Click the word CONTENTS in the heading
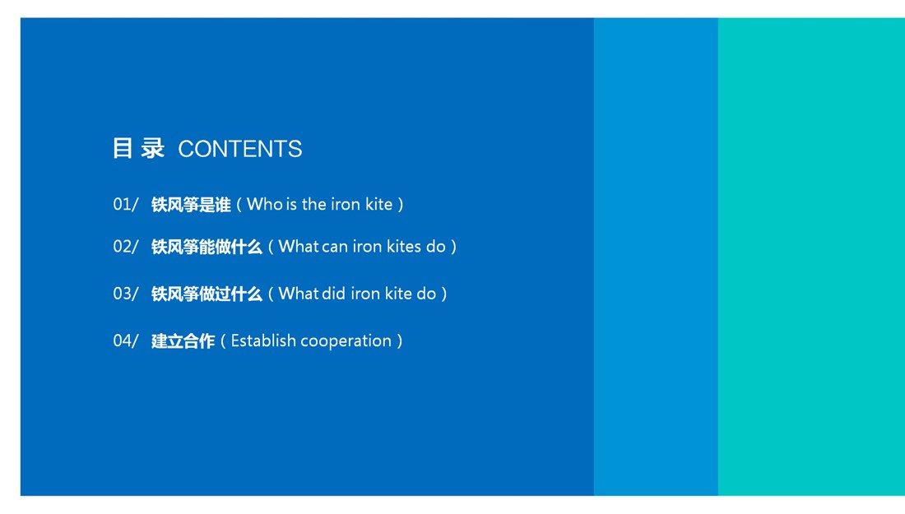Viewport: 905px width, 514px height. coord(239,149)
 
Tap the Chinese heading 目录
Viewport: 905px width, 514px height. coord(138,148)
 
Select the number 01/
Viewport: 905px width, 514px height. coord(126,204)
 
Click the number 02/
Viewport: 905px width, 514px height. coord(126,247)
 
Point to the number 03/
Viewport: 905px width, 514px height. coord(126,294)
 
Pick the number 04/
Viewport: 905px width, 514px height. coord(126,341)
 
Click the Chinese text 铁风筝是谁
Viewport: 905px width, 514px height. coord(191,205)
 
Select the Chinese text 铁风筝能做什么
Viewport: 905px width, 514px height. coord(207,247)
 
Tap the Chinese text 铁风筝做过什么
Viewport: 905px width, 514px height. coord(207,294)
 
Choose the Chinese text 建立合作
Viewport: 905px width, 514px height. coord(183,341)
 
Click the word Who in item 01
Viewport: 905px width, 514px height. coord(264,204)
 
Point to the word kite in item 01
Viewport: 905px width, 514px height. coord(378,204)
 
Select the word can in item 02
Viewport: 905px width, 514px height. coord(334,247)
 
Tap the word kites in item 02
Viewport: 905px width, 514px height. coord(403,247)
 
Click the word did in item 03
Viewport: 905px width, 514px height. coord(333,294)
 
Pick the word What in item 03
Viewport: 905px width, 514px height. coord(299,294)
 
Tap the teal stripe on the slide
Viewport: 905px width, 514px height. coord(811,257)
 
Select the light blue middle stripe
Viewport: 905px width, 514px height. coord(657,257)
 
